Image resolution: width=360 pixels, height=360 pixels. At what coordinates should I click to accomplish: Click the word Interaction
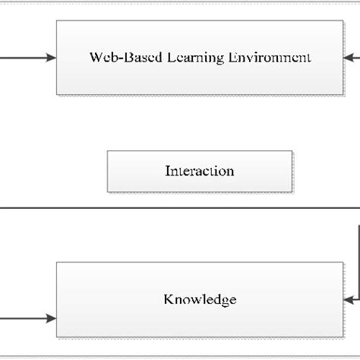tap(200, 171)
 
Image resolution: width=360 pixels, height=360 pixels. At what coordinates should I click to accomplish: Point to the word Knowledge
tap(200, 299)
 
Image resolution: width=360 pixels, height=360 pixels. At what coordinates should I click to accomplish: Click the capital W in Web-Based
tap(95, 57)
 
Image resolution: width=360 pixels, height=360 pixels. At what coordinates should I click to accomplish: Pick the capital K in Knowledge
tap(168, 299)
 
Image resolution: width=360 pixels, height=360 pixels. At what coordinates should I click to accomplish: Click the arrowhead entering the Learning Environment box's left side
tap(52, 57)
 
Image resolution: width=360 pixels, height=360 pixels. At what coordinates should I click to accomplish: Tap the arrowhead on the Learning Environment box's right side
tap(349, 57)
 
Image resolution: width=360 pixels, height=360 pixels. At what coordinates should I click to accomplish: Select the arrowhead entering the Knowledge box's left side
tap(52, 317)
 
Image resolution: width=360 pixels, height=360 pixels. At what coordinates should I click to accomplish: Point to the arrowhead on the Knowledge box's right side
tap(349, 299)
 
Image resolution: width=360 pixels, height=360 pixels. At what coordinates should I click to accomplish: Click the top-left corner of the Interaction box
tap(108, 151)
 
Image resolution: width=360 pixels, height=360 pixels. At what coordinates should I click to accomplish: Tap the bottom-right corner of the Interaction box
tap(292, 191)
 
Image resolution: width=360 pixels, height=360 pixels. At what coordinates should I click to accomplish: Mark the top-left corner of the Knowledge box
tap(57, 264)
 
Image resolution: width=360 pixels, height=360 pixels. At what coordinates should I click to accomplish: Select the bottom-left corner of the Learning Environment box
tap(57, 94)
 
